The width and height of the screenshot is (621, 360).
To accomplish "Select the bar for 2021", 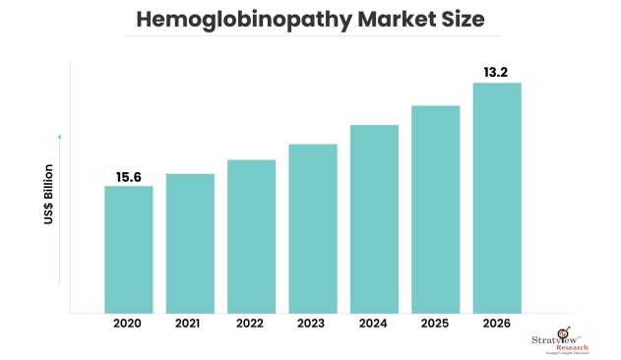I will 190,244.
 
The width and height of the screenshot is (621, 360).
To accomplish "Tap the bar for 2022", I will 251,237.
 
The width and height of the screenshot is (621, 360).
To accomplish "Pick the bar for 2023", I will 313,229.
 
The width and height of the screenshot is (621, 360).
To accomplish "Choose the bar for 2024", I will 374,219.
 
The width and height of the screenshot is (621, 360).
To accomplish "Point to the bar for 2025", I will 435,210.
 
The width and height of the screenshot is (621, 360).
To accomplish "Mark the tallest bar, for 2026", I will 497,198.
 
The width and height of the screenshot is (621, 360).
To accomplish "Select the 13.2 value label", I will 497,71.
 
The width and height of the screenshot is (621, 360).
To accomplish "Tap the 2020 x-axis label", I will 129,324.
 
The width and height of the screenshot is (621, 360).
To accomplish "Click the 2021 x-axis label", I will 190,324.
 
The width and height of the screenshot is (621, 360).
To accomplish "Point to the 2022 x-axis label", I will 251,324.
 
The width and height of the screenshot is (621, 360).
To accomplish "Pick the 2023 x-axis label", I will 313,324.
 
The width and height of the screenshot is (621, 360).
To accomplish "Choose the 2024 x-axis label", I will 374,324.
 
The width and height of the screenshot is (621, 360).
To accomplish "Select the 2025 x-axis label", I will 435,324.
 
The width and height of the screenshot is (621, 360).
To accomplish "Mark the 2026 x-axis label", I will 497,324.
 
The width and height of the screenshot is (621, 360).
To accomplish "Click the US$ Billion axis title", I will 47,196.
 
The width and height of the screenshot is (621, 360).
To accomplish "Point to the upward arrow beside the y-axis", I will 59,138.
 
